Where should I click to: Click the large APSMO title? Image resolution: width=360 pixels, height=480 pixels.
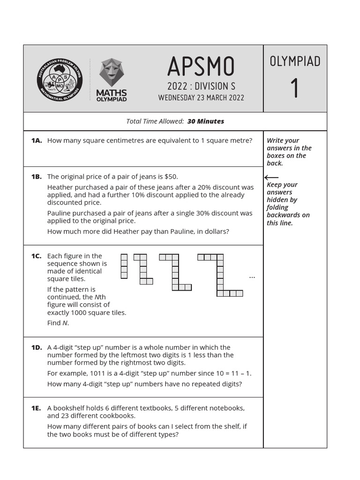click(201, 67)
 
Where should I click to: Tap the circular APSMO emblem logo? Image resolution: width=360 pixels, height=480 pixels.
click(60, 78)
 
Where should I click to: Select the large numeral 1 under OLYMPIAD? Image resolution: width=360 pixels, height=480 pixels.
click(295, 88)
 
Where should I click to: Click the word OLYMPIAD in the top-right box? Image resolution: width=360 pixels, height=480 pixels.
click(295, 61)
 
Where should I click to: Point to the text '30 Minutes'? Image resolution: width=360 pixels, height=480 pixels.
click(206, 121)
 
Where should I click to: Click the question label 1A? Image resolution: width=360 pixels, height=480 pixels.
click(37, 141)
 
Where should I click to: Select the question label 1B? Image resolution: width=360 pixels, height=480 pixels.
click(37, 177)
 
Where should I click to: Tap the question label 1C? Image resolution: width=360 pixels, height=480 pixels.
click(37, 256)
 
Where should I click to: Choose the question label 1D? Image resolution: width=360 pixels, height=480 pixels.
click(37, 347)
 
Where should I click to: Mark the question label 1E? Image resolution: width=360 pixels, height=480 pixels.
click(37, 408)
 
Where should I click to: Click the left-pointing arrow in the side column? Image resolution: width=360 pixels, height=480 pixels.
click(271, 178)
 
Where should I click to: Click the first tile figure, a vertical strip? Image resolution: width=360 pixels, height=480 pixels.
click(124, 266)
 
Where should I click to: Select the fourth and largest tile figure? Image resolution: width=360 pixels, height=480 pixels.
click(220, 275)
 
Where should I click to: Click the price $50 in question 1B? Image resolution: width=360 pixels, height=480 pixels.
click(171, 177)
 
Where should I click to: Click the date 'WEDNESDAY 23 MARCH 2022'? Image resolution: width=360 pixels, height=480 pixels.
click(201, 98)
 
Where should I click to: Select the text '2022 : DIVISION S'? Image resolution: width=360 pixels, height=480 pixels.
click(201, 86)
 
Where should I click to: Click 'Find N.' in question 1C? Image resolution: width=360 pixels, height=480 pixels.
click(58, 323)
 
